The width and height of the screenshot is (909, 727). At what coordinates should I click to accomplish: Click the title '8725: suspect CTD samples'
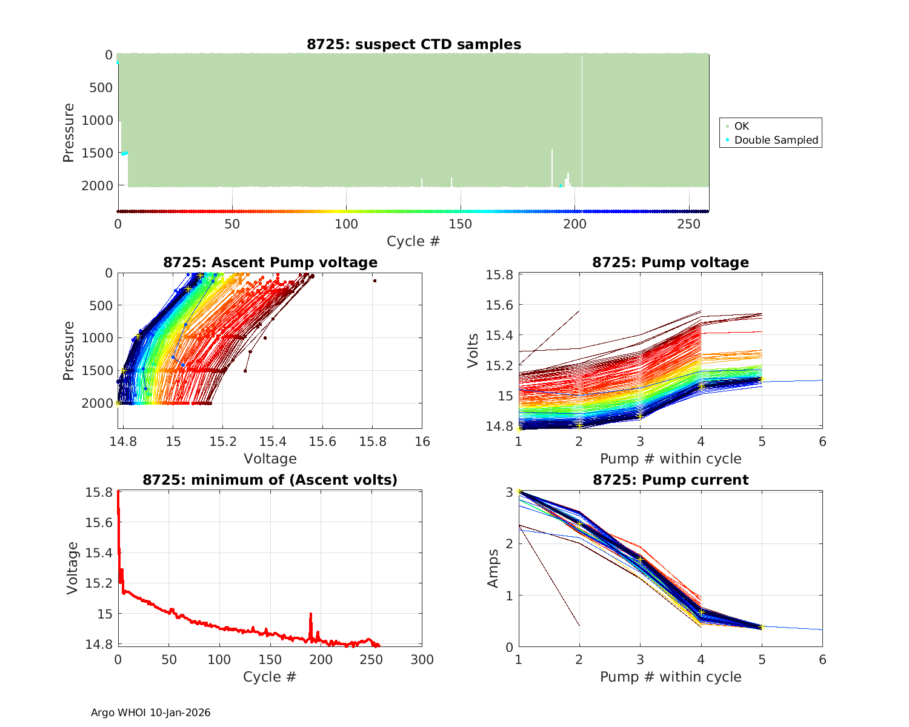click(x=413, y=44)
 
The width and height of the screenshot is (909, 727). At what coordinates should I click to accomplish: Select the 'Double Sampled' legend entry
click(x=776, y=140)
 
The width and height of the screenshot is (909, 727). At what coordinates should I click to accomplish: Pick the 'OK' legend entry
click(x=741, y=126)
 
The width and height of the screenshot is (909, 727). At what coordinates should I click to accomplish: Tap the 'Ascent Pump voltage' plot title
click(x=270, y=262)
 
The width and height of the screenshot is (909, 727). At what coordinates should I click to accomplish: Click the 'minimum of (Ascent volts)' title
click(x=270, y=480)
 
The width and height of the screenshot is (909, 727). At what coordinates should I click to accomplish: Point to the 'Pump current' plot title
click(x=670, y=480)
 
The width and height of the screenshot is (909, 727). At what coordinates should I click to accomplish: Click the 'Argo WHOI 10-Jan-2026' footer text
click(x=151, y=712)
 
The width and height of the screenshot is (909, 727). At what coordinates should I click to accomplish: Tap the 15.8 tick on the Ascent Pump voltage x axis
click(x=373, y=441)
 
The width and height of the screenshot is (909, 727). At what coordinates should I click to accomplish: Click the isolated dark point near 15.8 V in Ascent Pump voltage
click(x=375, y=281)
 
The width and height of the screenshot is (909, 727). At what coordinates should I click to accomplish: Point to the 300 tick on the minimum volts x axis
click(x=422, y=659)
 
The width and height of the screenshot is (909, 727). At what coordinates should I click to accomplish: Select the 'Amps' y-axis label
click(x=493, y=568)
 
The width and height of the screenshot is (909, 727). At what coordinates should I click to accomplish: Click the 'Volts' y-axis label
click(x=473, y=350)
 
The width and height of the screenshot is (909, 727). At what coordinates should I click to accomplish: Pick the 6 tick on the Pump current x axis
click(x=822, y=659)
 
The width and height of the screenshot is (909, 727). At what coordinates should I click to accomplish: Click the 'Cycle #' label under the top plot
click(x=413, y=241)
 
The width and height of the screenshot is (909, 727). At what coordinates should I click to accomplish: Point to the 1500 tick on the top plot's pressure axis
click(x=97, y=153)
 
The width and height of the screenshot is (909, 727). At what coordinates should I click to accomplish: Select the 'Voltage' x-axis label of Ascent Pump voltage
click(x=270, y=458)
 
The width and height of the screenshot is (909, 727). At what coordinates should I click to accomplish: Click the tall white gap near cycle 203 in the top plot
click(x=582, y=121)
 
